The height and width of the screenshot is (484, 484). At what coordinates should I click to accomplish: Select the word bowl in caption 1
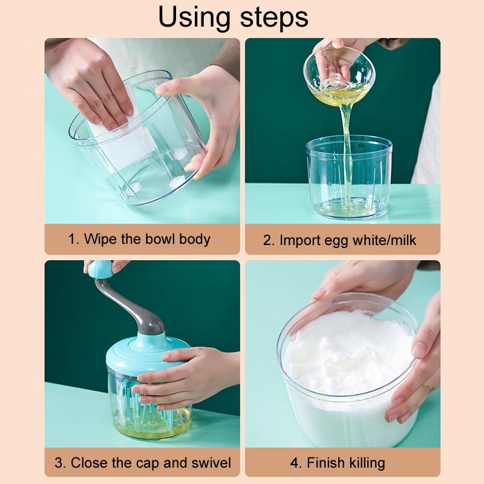click(x=162, y=238)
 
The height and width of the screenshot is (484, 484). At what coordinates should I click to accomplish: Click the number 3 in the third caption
click(x=59, y=463)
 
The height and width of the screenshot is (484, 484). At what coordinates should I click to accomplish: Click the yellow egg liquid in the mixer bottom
click(x=139, y=430)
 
